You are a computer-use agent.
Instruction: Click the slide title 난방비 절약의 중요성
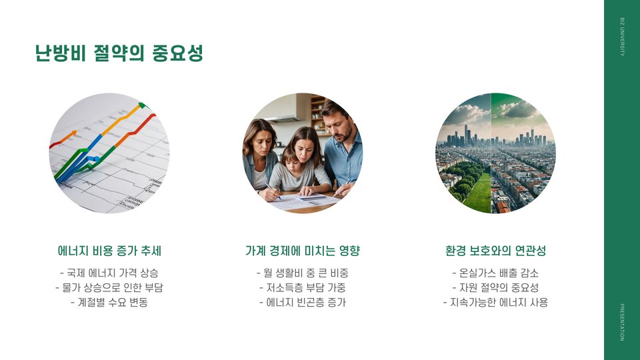tap(119, 53)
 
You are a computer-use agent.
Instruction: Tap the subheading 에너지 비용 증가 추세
tap(109, 251)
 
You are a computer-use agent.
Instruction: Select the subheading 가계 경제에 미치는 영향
tap(303, 251)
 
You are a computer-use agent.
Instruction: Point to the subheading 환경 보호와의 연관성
tap(495, 251)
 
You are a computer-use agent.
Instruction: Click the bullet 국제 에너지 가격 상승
tap(109, 273)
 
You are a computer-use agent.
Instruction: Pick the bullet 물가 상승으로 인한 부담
tap(109, 287)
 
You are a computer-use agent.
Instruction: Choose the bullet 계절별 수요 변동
tap(109, 303)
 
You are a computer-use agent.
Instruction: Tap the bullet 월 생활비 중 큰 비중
tap(303, 273)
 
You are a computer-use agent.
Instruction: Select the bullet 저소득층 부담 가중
tap(303, 287)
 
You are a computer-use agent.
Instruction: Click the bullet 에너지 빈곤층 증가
tap(303, 303)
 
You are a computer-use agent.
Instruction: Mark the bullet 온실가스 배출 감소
tap(495, 273)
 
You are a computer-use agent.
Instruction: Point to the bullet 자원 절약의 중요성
tap(495, 287)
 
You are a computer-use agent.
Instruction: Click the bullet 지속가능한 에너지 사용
tap(495, 303)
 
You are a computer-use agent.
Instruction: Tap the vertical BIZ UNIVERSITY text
tap(622, 36)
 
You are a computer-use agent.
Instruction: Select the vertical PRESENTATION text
tap(622, 322)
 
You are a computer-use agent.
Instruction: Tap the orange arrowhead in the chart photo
tap(73, 133)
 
